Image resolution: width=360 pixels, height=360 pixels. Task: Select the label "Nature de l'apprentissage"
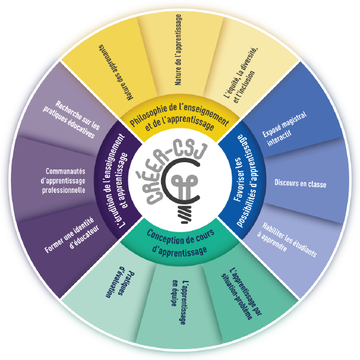tap(178, 50)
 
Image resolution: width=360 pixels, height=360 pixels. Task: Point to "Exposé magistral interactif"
tap(284, 129)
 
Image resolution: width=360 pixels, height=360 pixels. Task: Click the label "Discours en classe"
tap(300, 183)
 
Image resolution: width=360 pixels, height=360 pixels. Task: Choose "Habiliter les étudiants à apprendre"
tap(287, 239)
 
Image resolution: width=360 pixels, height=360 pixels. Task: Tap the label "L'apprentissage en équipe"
tap(180, 302)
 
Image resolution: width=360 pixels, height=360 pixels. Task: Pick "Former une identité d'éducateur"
tap(72, 235)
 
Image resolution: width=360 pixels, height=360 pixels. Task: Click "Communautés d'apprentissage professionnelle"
tap(63, 181)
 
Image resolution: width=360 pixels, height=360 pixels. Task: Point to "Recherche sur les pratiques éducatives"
tap(71, 119)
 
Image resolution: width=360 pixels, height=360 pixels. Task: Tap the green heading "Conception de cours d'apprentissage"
tap(180, 242)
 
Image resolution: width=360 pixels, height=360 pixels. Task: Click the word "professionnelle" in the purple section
tap(63, 191)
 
